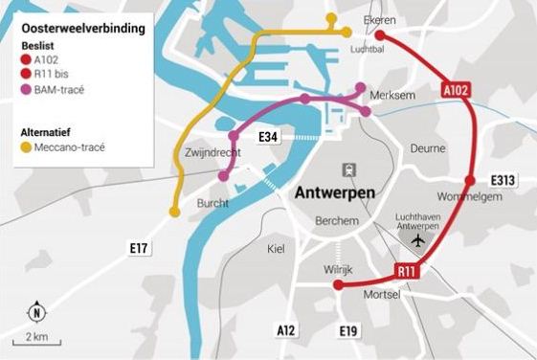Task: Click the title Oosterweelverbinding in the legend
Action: click(x=83, y=29)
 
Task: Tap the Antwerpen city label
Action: click(x=332, y=191)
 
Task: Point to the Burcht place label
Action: click(x=213, y=203)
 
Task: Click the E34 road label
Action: click(x=268, y=139)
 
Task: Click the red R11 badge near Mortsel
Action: click(x=407, y=273)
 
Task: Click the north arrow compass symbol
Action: click(x=34, y=312)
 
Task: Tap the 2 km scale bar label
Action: click(x=37, y=337)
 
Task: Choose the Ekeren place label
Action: click(x=379, y=19)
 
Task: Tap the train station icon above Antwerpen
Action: click(x=348, y=169)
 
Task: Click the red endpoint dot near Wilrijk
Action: click(x=338, y=285)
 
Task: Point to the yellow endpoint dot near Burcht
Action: click(x=174, y=212)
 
